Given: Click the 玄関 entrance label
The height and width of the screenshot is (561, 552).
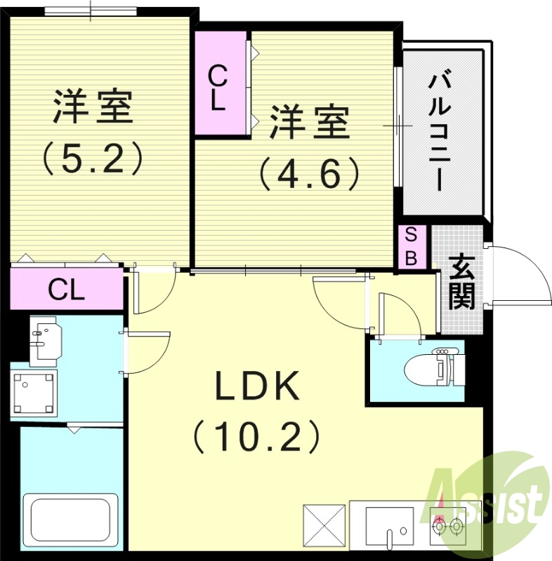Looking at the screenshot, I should click(x=461, y=283).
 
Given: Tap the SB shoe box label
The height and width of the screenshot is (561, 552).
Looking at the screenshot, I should click(x=412, y=246).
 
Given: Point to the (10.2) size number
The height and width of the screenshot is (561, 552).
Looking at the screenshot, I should click(x=257, y=436).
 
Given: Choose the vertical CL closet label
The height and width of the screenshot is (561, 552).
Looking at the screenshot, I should click(x=218, y=87).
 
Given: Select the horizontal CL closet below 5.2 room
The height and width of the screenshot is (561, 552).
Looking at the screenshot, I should click(x=67, y=288).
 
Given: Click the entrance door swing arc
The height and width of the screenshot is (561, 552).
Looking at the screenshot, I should click(x=523, y=277).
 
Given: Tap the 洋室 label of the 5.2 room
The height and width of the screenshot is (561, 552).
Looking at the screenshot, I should click(x=92, y=107).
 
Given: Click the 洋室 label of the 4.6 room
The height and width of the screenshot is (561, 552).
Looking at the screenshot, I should click(x=310, y=123).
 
